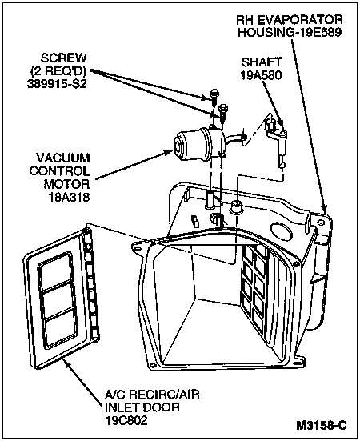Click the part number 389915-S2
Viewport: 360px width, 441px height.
coord(57,84)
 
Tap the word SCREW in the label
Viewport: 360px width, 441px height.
coord(64,58)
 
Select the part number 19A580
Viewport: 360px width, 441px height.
coord(262,75)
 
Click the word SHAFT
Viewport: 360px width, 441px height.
coord(262,62)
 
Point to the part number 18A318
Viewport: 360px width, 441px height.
coord(69,197)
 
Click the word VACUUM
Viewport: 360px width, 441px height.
coord(63,158)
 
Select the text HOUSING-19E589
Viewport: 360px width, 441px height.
coord(290,32)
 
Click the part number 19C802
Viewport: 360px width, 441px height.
coord(126,420)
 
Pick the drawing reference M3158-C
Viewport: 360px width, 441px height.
coord(322,425)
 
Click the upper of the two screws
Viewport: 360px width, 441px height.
coord(214,96)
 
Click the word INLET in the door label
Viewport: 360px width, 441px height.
coord(122,407)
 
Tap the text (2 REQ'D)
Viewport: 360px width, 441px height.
coord(58,71)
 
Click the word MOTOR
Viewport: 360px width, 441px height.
coord(67,184)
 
